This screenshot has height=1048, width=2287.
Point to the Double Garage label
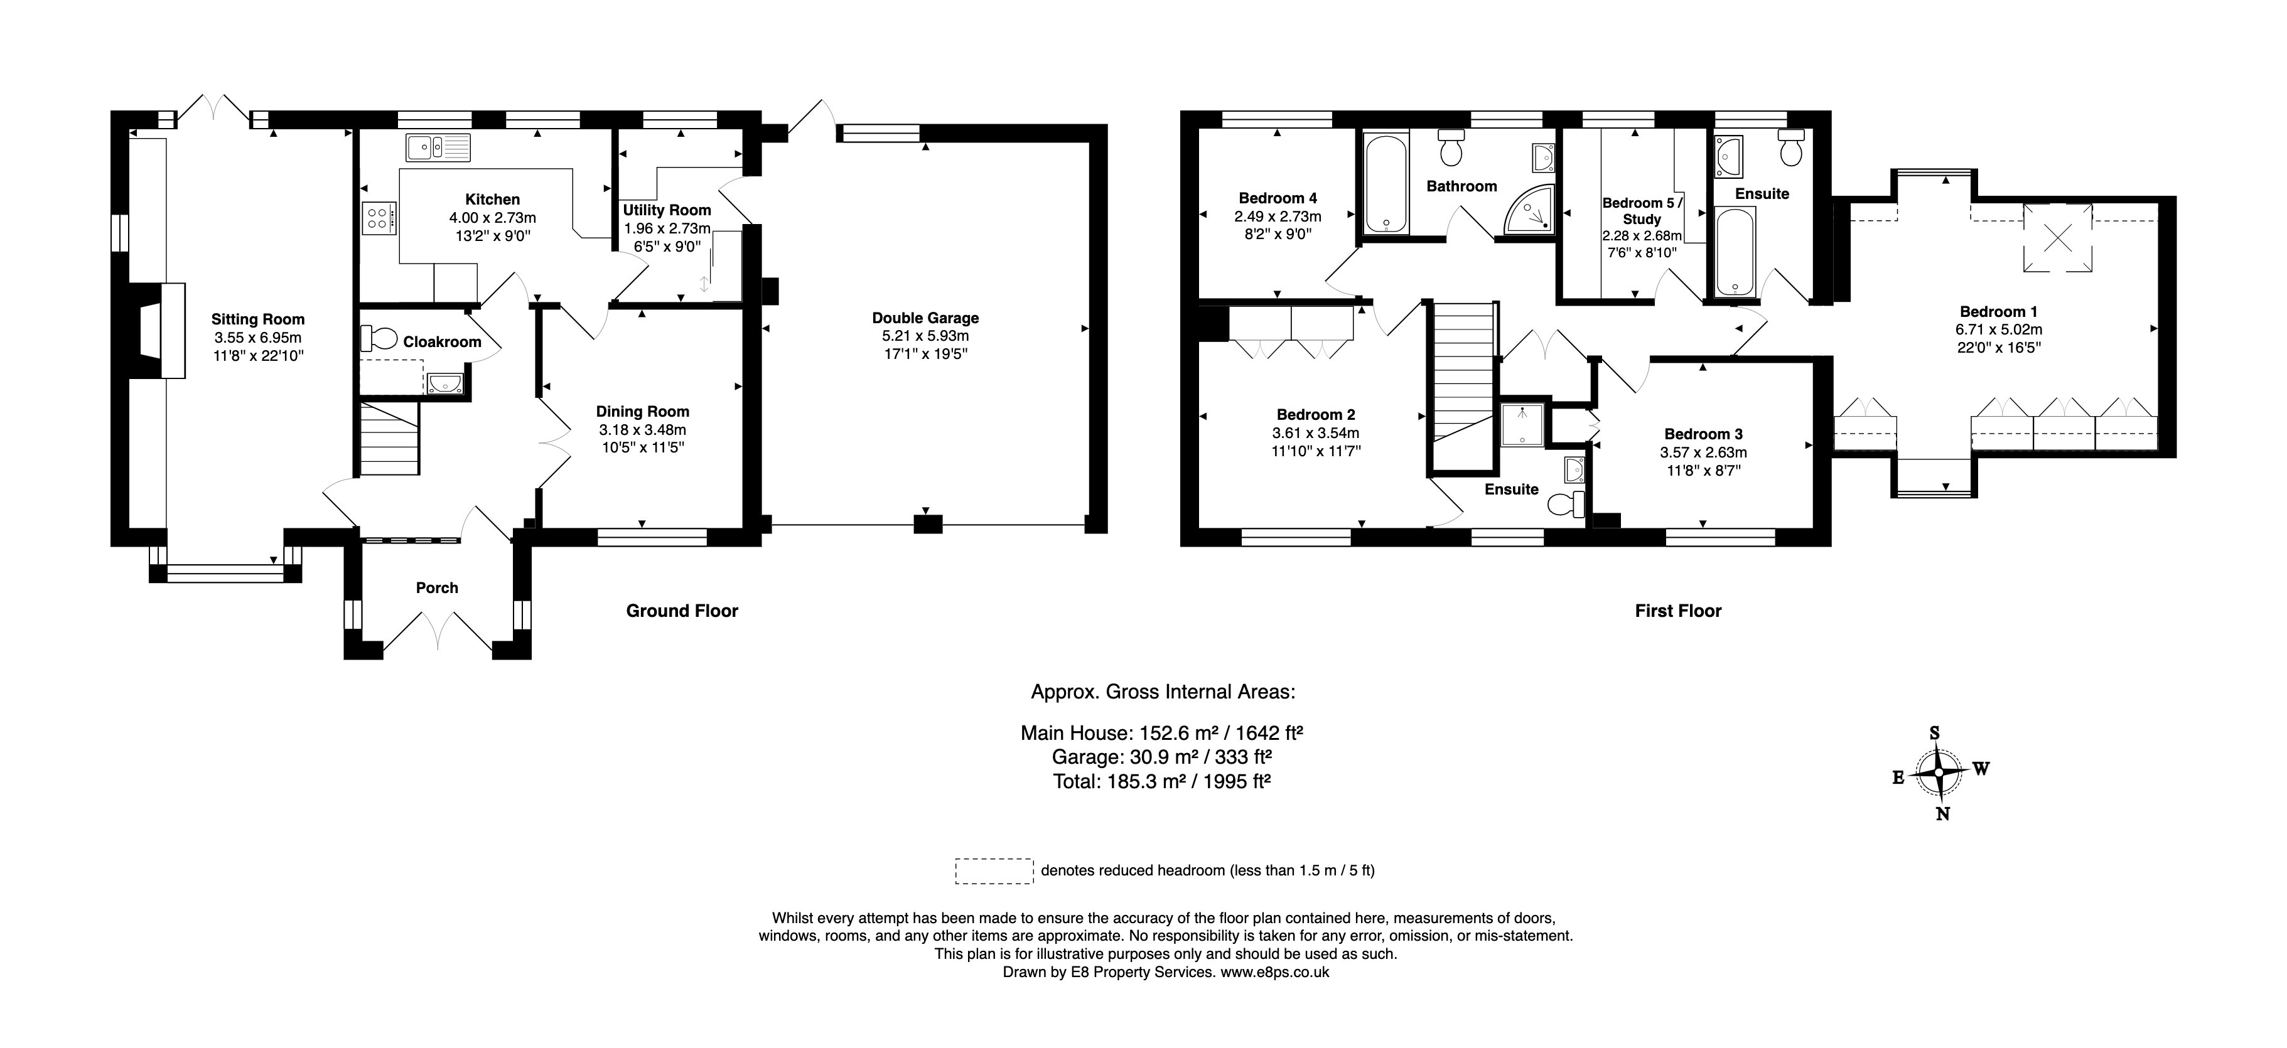pyautogui.click(x=925, y=318)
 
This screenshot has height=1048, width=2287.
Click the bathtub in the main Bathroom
pyautogui.click(x=1384, y=183)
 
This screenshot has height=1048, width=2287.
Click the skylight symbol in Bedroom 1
pyautogui.click(x=2057, y=237)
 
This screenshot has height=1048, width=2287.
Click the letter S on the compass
pyautogui.click(x=1935, y=733)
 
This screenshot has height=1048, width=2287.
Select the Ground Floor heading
pyautogui.click(x=682, y=611)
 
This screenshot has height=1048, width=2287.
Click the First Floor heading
pyautogui.click(x=1678, y=611)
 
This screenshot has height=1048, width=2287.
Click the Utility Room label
pyautogui.click(x=667, y=210)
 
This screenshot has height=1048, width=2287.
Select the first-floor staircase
pyautogui.click(x=1462, y=373)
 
